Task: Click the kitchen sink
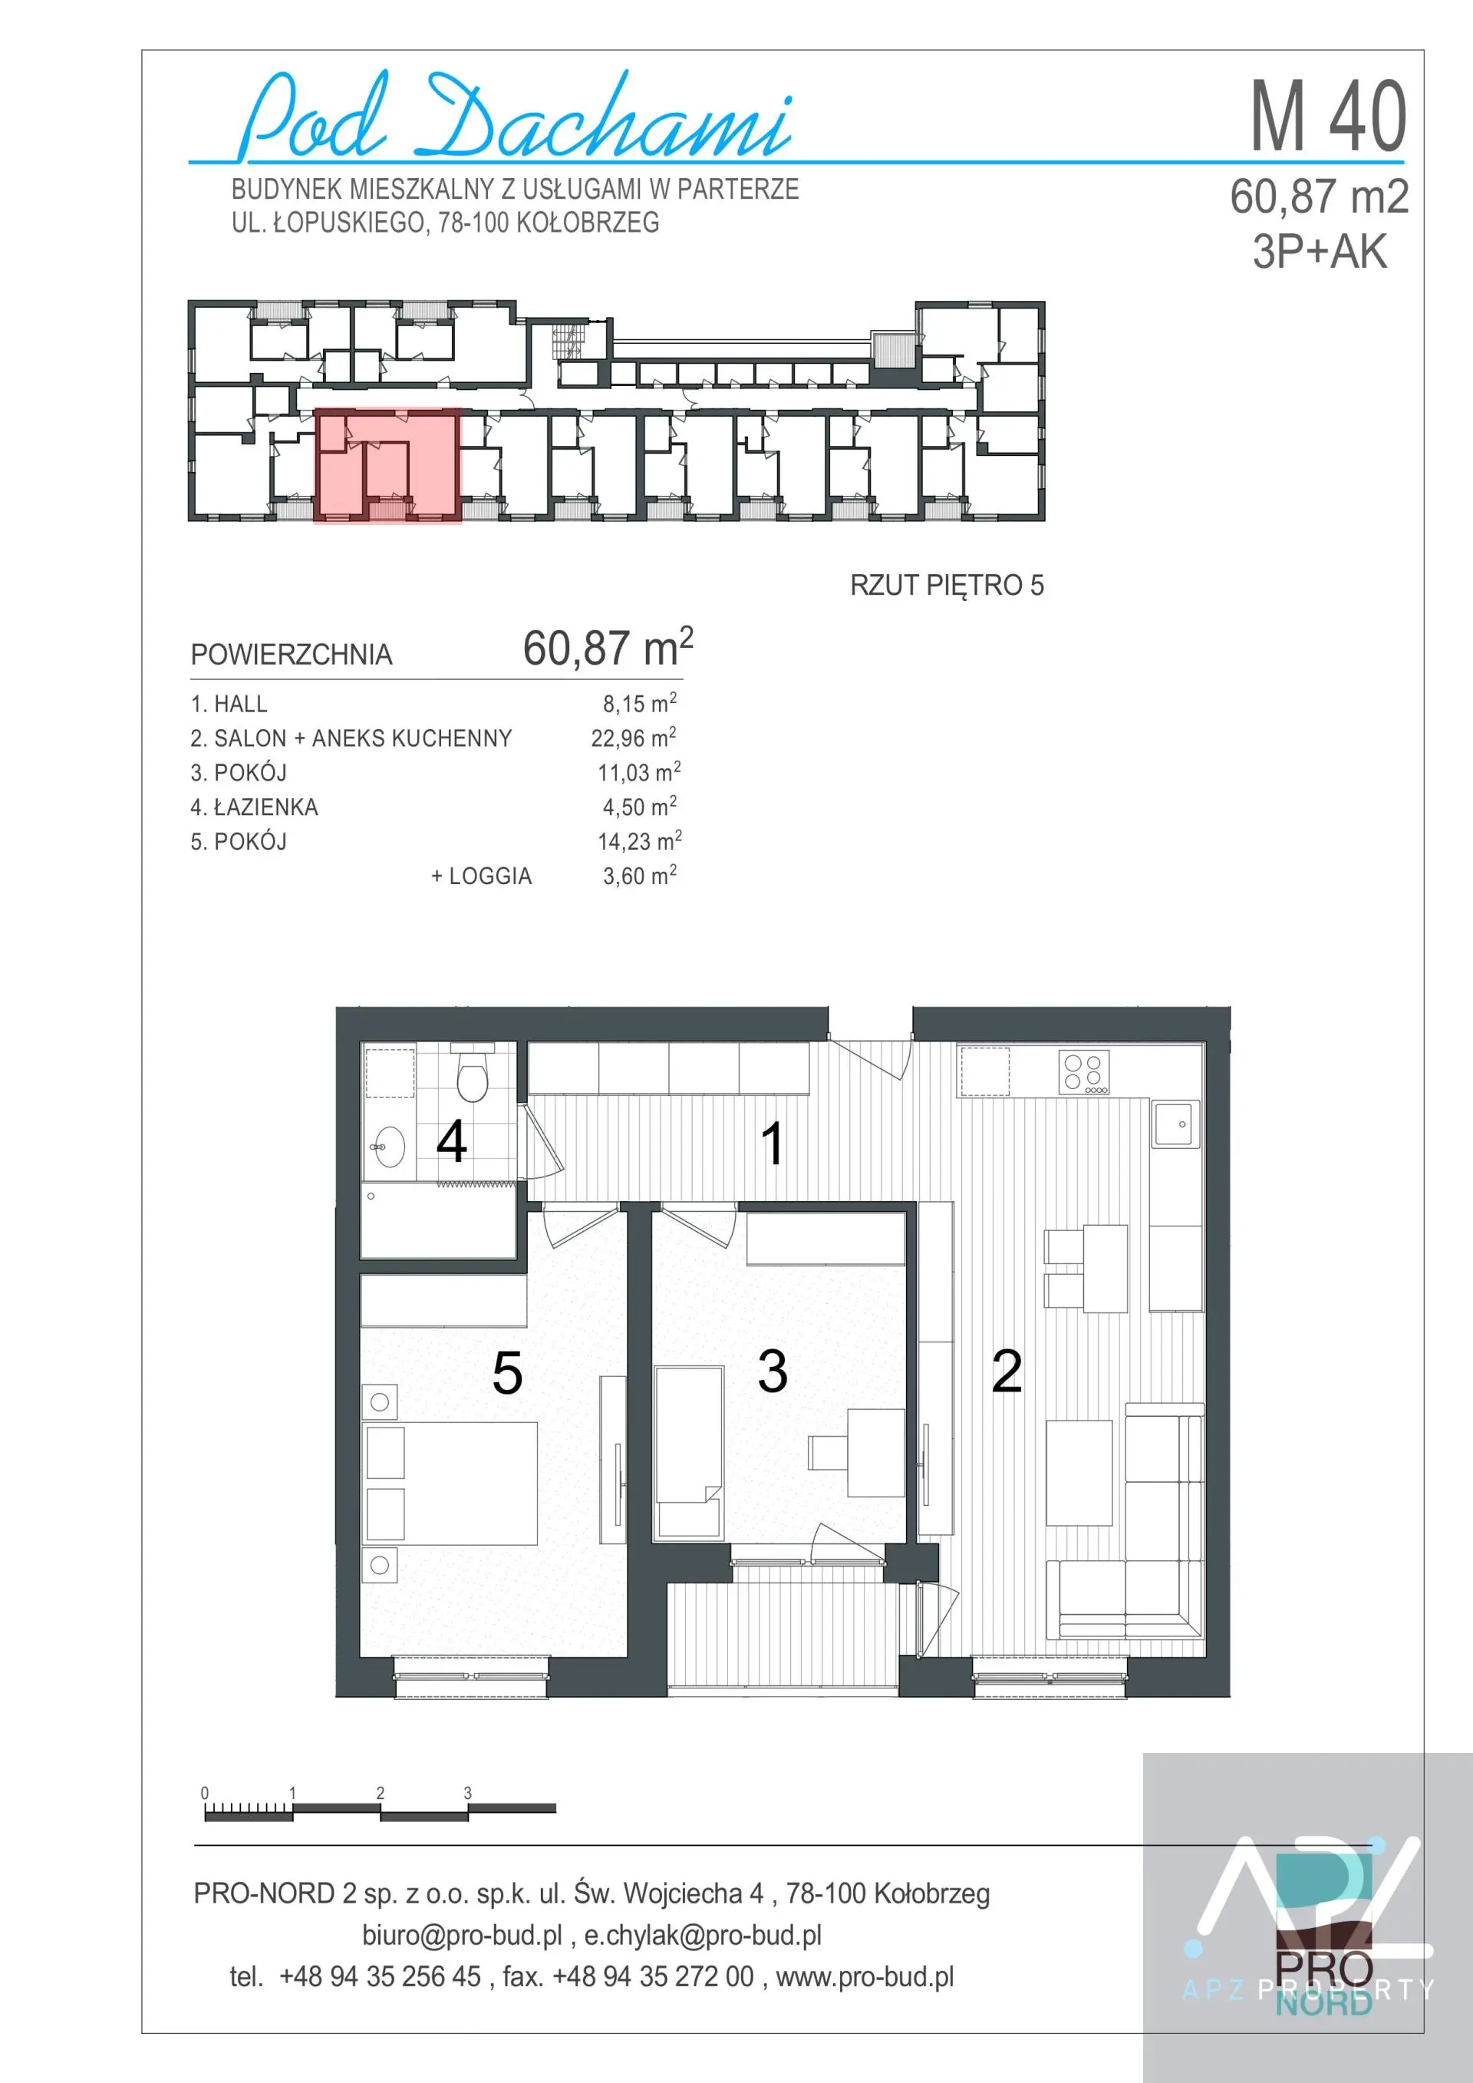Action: (x=1175, y=1123)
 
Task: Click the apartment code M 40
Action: (x=1329, y=116)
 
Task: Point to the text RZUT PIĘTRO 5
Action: (x=947, y=585)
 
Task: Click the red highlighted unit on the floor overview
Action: (x=387, y=465)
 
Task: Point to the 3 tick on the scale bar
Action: (x=468, y=1793)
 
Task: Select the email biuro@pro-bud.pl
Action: (x=463, y=1935)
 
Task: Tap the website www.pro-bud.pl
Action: (x=865, y=1977)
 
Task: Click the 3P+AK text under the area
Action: (x=1320, y=251)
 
